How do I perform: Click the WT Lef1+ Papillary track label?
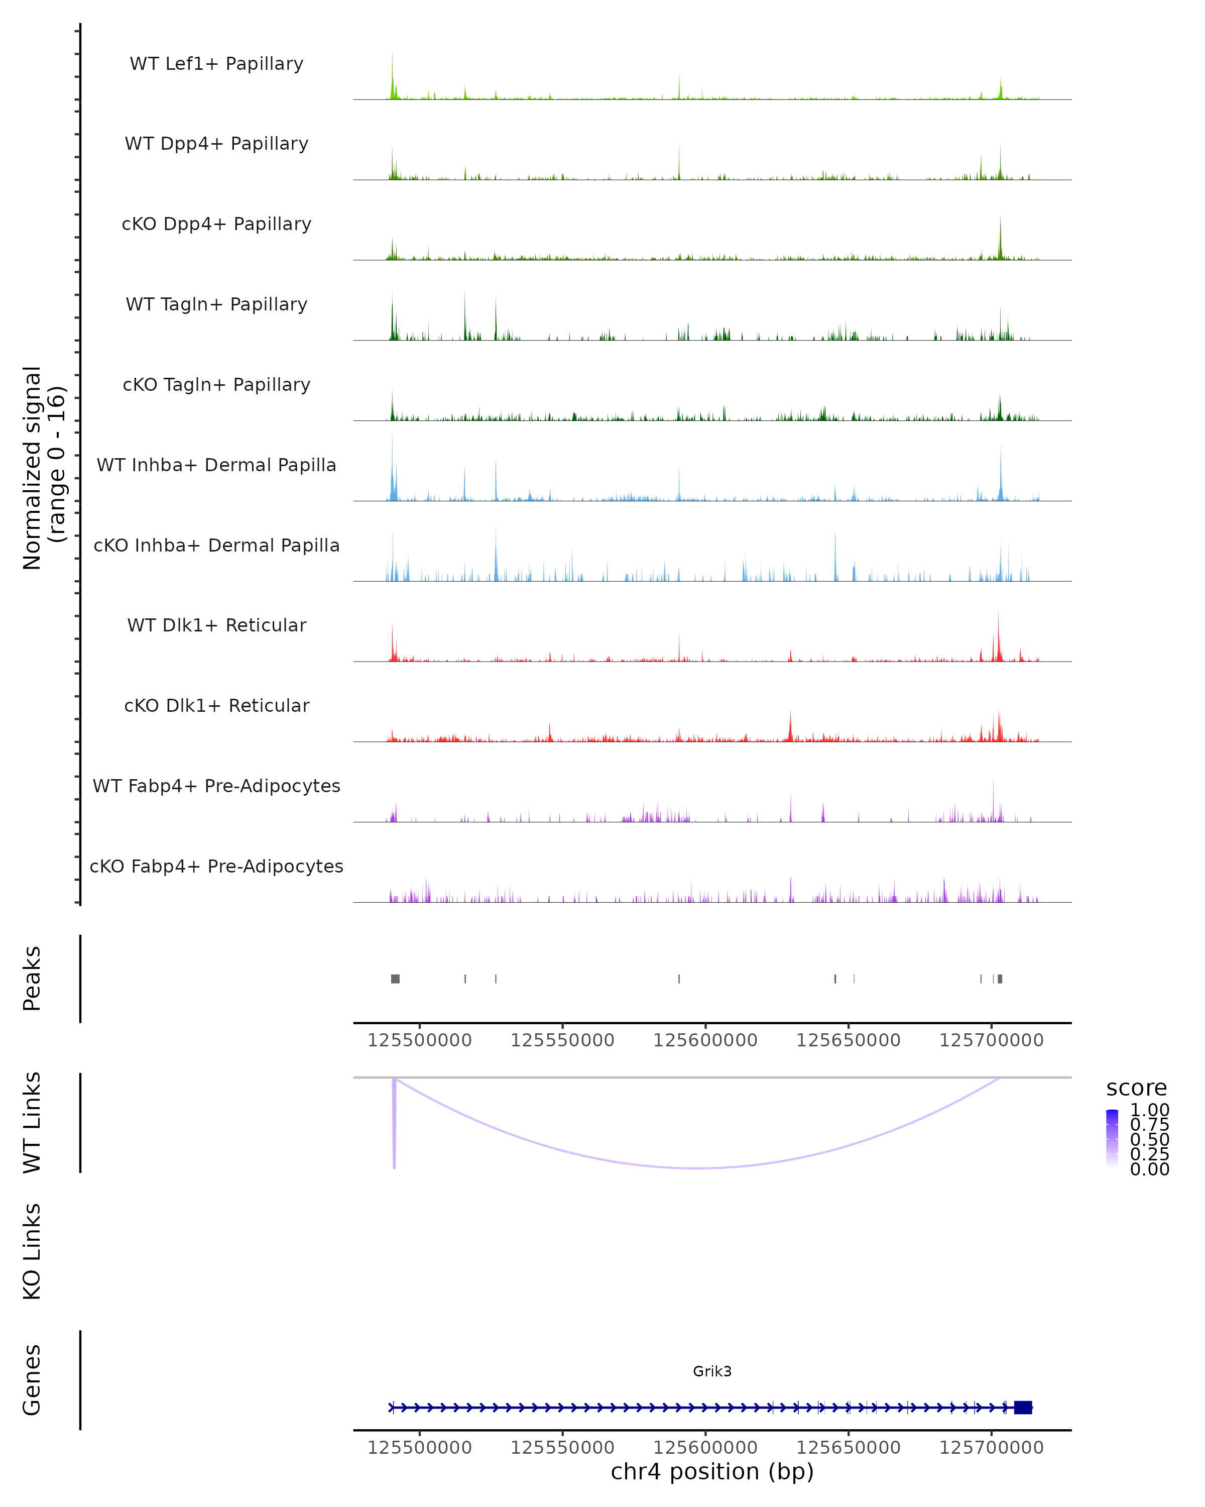tap(216, 64)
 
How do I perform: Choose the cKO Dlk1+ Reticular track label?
tap(216, 705)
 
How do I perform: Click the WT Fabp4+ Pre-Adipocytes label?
tap(216, 786)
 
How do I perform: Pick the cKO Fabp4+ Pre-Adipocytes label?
tap(216, 866)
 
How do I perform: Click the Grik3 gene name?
tap(712, 1371)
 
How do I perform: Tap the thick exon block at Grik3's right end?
tap(1023, 1407)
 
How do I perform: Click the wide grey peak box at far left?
tap(395, 979)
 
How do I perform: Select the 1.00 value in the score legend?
tap(1150, 1110)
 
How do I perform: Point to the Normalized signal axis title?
tap(43, 468)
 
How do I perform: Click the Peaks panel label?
tap(32, 979)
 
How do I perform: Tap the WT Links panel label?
tap(32, 1123)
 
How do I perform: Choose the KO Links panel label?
tap(32, 1251)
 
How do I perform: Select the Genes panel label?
tap(32, 1380)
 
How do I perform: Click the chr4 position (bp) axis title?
tap(712, 1471)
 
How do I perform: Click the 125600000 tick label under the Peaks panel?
tap(705, 1040)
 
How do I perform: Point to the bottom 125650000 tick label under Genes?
tap(848, 1448)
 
